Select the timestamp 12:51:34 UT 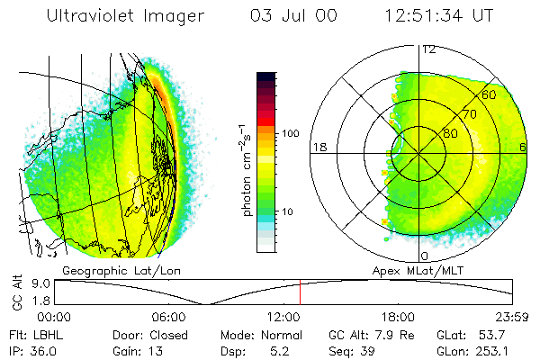[438, 16]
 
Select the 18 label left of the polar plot [318, 147]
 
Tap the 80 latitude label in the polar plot [450, 133]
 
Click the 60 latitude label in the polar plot [490, 94]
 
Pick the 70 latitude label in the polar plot [470, 114]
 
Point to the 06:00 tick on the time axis [168, 317]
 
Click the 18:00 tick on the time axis [397, 317]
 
